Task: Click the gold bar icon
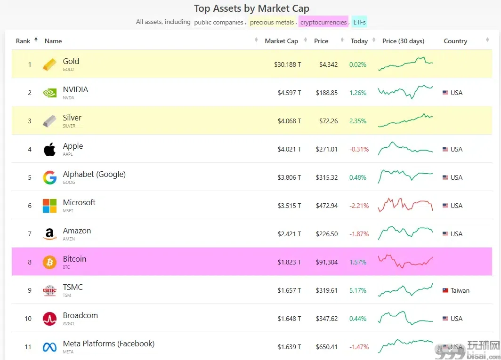click(x=49, y=64)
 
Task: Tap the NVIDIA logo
click(x=49, y=93)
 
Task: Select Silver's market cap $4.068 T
click(x=289, y=121)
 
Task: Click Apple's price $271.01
click(x=327, y=149)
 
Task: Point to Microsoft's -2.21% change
click(x=359, y=206)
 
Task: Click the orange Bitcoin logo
click(x=49, y=262)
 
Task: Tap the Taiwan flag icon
click(x=445, y=290)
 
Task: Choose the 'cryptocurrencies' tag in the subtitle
click(x=323, y=22)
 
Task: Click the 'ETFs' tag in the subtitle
click(x=359, y=22)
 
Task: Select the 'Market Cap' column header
click(x=281, y=41)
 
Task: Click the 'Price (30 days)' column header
click(x=403, y=41)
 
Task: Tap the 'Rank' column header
click(x=23, y=41)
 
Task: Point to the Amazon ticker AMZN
click(x=69, y=239)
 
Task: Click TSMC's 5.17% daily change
click(x=358, y=290)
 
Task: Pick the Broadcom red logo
click(x=49, y=319)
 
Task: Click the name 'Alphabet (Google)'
click(x=94, y=175)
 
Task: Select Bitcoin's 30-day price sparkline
click(x=405, y=261)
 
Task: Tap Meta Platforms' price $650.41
click(x=327, y=347)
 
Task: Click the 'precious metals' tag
click(x=272, y=22)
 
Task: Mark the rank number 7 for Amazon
click(x=30, y=234)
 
